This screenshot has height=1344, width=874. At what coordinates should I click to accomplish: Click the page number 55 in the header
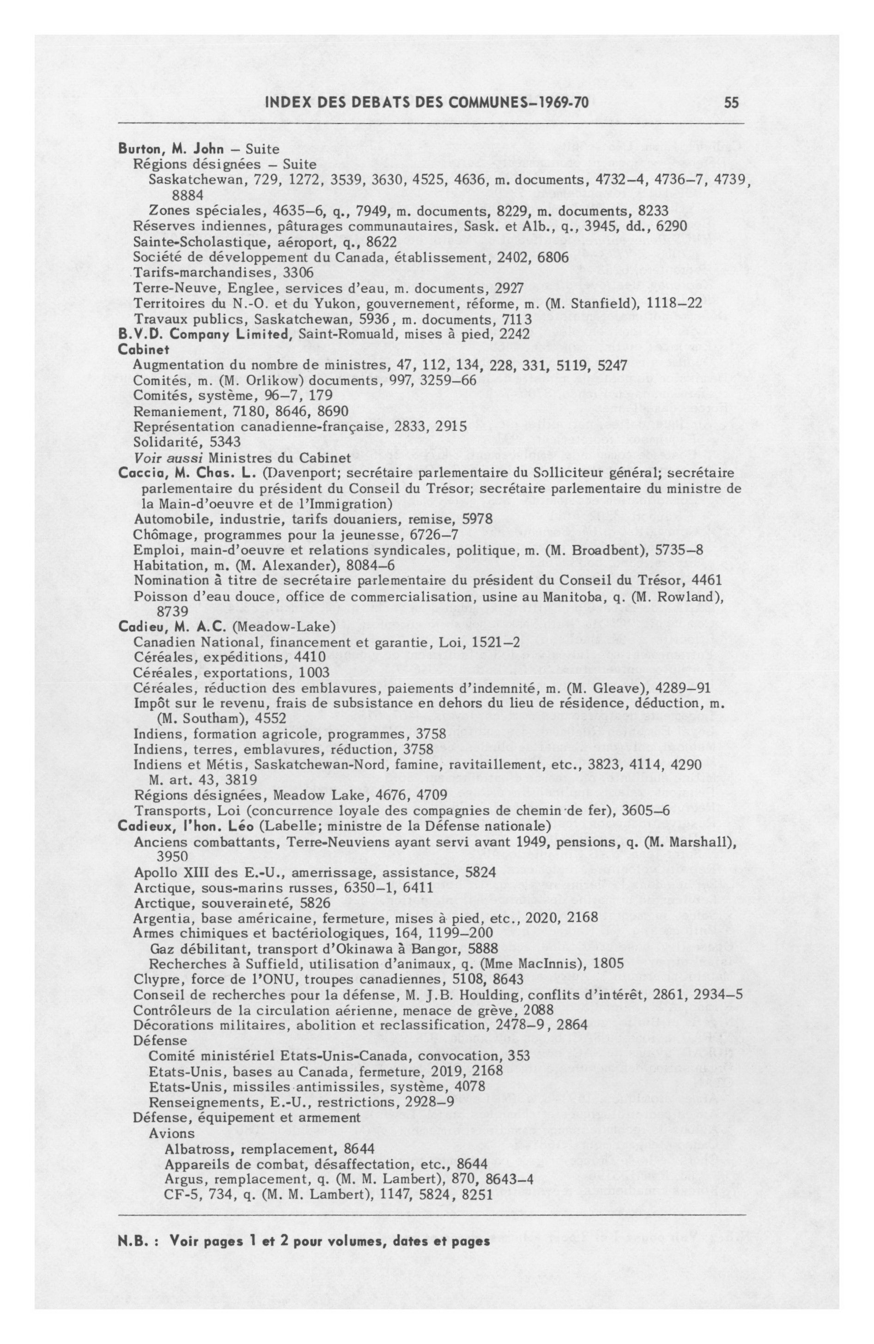tap(732, 102)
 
